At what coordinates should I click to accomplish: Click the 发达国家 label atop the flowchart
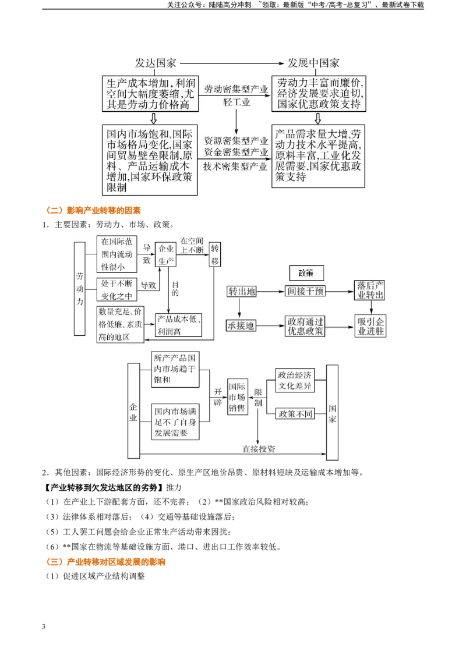point(156,63)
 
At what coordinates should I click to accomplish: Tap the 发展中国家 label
point(313,63)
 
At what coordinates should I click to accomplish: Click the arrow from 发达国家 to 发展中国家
point(232,63)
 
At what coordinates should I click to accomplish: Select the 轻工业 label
point(236,102)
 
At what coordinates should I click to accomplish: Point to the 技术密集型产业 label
point(235,166)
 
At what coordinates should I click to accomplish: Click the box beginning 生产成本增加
point(150,94)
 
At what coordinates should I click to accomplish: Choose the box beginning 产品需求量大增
point(318,156)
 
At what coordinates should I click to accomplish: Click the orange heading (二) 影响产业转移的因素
point(93,210)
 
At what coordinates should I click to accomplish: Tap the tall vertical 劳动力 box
point(79,289)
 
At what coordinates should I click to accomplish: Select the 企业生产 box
point(165,254)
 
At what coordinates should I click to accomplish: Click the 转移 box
point(215,254)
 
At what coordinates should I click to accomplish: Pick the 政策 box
point(306,273)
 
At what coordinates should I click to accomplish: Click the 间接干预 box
point(305,291)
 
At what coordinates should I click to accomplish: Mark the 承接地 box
point(241,326)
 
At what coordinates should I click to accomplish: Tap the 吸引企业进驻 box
point(370,326)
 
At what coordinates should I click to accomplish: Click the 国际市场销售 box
point(237,397)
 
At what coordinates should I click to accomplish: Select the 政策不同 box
point(295,414)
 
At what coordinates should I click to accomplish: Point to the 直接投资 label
point(259,449)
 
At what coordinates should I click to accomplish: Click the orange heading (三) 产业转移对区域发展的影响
point(105,562)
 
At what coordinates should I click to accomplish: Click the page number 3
point(44,626)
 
